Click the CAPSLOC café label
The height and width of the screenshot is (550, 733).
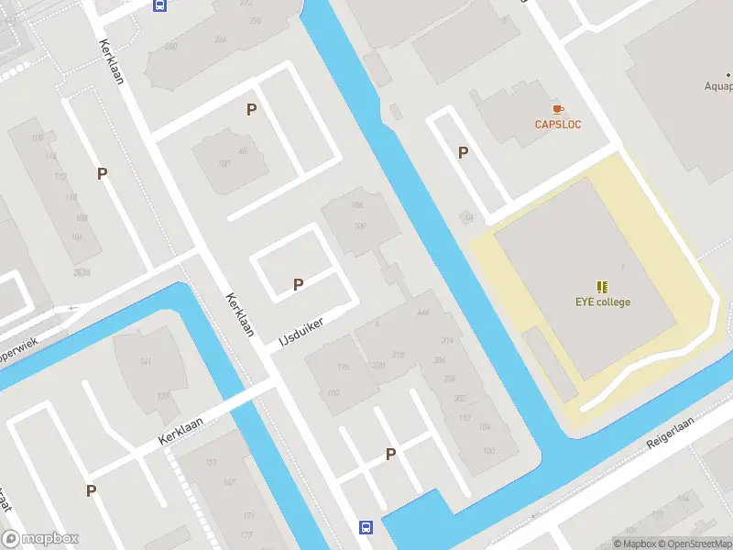[x=558, y=125]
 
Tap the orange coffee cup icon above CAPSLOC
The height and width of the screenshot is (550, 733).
[x=558, y=110]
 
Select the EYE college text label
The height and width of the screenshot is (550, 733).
[x=602, y=302]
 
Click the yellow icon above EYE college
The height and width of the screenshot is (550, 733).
[x=602, y=287]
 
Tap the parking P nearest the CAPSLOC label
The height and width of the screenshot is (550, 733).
[x=464, y=153]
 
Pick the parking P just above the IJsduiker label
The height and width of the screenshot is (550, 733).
[x=298, y=285]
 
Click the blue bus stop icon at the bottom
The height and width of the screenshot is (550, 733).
[x=366, y=527]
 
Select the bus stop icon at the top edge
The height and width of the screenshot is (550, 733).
[x=159, y=5]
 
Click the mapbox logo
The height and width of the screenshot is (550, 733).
[x=40, y=538]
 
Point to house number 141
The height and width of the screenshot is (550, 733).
[x=146, y=363]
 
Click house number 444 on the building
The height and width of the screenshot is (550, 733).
[x=422, y=313]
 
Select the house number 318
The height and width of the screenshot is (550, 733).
[x=398, y=355]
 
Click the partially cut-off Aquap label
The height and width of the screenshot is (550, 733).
[x=717, y=87]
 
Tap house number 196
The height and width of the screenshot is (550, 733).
[x=344, y=368]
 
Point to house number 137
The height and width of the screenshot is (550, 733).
[x=162, y=396]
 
